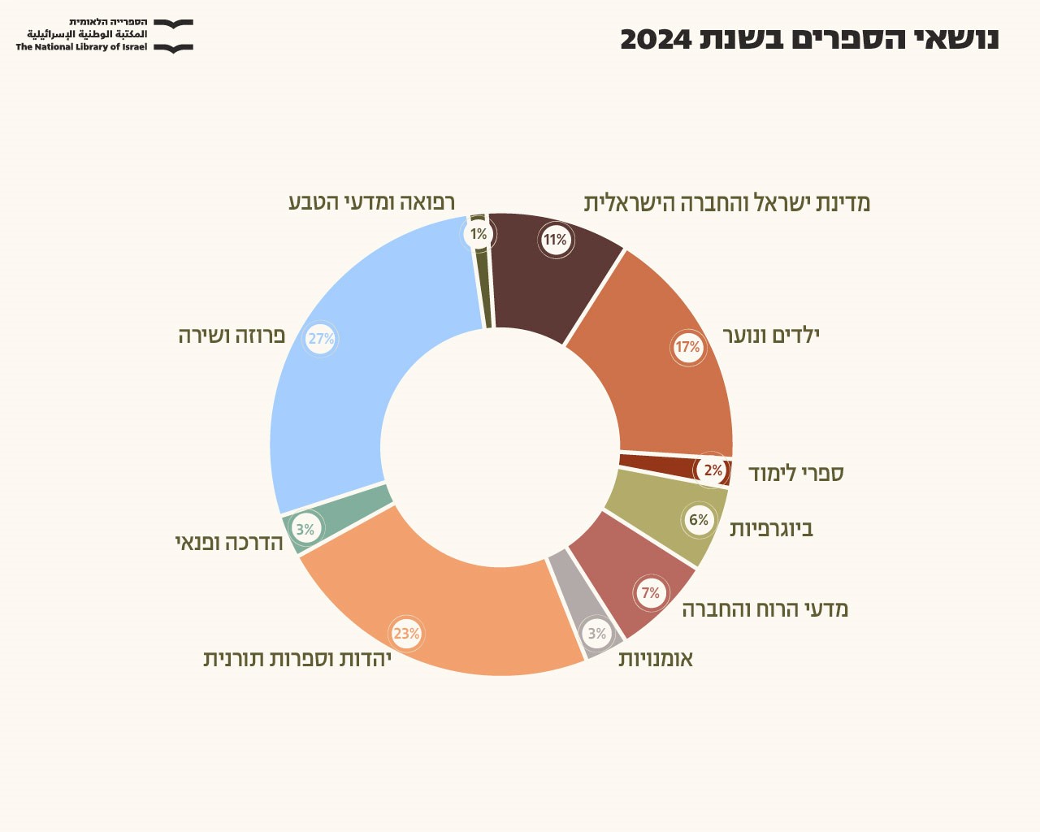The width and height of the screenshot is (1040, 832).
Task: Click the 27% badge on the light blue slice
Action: pyautogui.click(x=321, y=339)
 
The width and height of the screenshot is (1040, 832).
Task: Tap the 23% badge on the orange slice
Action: pyautogui.click(x=406, y=634)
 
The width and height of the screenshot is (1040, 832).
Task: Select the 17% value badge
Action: pyautogui.click(x=687, y=348)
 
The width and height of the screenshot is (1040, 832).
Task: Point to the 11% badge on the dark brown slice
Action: pyautogui.click(x=556, y=240)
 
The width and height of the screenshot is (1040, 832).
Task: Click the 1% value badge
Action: pyautogui.click(x=479, y=235)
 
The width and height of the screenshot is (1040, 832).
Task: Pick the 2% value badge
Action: pyautogui.click(x=713, y=470)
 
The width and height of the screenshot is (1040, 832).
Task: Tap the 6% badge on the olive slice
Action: pyautogui.click(x=699, y=520)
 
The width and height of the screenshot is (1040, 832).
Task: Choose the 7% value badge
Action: pyautogui.click(x=651, y=593)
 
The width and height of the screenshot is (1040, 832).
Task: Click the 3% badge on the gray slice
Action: pyautogui.click(x=597, y=634)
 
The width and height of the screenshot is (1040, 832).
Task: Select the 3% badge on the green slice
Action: pyautogui.click(x=305, y=530)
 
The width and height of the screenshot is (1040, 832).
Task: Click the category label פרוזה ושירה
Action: pyautogui.click(x=232, y=335)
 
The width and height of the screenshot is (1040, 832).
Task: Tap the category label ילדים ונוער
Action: pyautogui.click(x=771, y=335)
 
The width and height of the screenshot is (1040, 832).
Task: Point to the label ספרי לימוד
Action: pyautogui.click(x=795, y=473)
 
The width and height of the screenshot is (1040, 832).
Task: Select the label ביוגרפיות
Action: pyautogui.click(x=771, y=529)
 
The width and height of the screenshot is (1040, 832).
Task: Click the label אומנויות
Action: pyautogui.click(x=655, y=658)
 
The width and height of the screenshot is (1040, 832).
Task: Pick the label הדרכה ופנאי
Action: pyautogui.click(x=229, y=542)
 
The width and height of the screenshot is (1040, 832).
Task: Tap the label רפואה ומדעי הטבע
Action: pyautogui.click(x=371, y=201)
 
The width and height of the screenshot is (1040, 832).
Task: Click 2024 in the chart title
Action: pyautogui.click(x=656, y=38)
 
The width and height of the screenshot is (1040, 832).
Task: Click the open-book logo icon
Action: pyautogui.click(x=174, y=37)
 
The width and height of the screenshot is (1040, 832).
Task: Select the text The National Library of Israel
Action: pyautogui.click(x=81, y=47)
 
